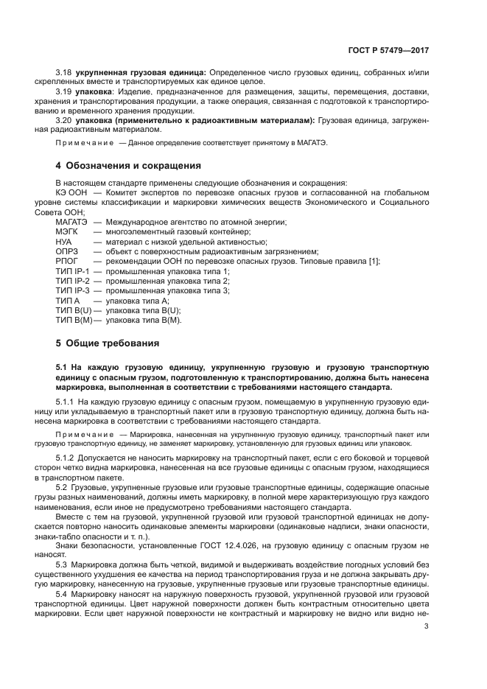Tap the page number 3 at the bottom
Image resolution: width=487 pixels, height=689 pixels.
click(427, 626)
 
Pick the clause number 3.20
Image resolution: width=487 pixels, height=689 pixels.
click(64, 120)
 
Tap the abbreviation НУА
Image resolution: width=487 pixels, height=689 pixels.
click(63, 242)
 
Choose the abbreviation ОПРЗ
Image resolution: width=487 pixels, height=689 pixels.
click(66, 251)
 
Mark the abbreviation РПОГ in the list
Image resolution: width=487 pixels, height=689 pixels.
click(66, 261)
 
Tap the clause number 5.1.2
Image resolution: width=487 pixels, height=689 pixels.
click(66, 458)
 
